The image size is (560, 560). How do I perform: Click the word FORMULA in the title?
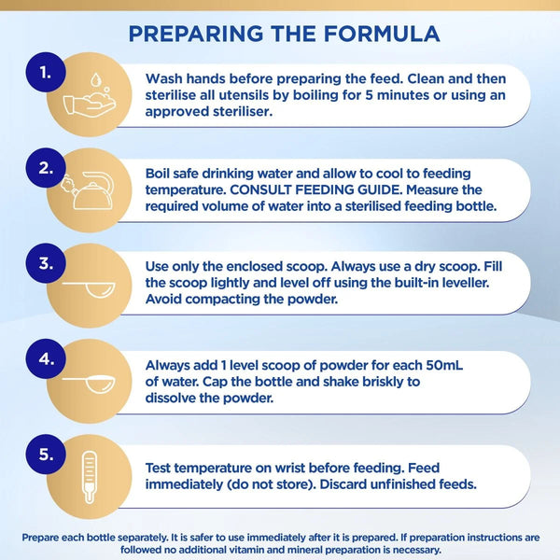(382, 34)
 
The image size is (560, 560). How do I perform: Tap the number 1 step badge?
(46, 72)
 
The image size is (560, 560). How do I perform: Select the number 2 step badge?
(46, 167)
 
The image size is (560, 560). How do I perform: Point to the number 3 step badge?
(46, 263)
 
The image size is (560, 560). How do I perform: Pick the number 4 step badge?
(46, 358)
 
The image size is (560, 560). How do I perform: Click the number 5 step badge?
(46, 455)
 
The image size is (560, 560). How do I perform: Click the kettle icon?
(89, 190)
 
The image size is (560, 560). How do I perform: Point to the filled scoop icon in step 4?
(89, 384)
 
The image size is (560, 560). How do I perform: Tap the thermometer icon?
(89, 478)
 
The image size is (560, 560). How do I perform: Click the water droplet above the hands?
(95, 80)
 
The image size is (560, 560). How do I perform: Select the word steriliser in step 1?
(243, 112)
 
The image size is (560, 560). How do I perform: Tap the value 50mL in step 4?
(444, 365)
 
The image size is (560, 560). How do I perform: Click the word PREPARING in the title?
(196, 34)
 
